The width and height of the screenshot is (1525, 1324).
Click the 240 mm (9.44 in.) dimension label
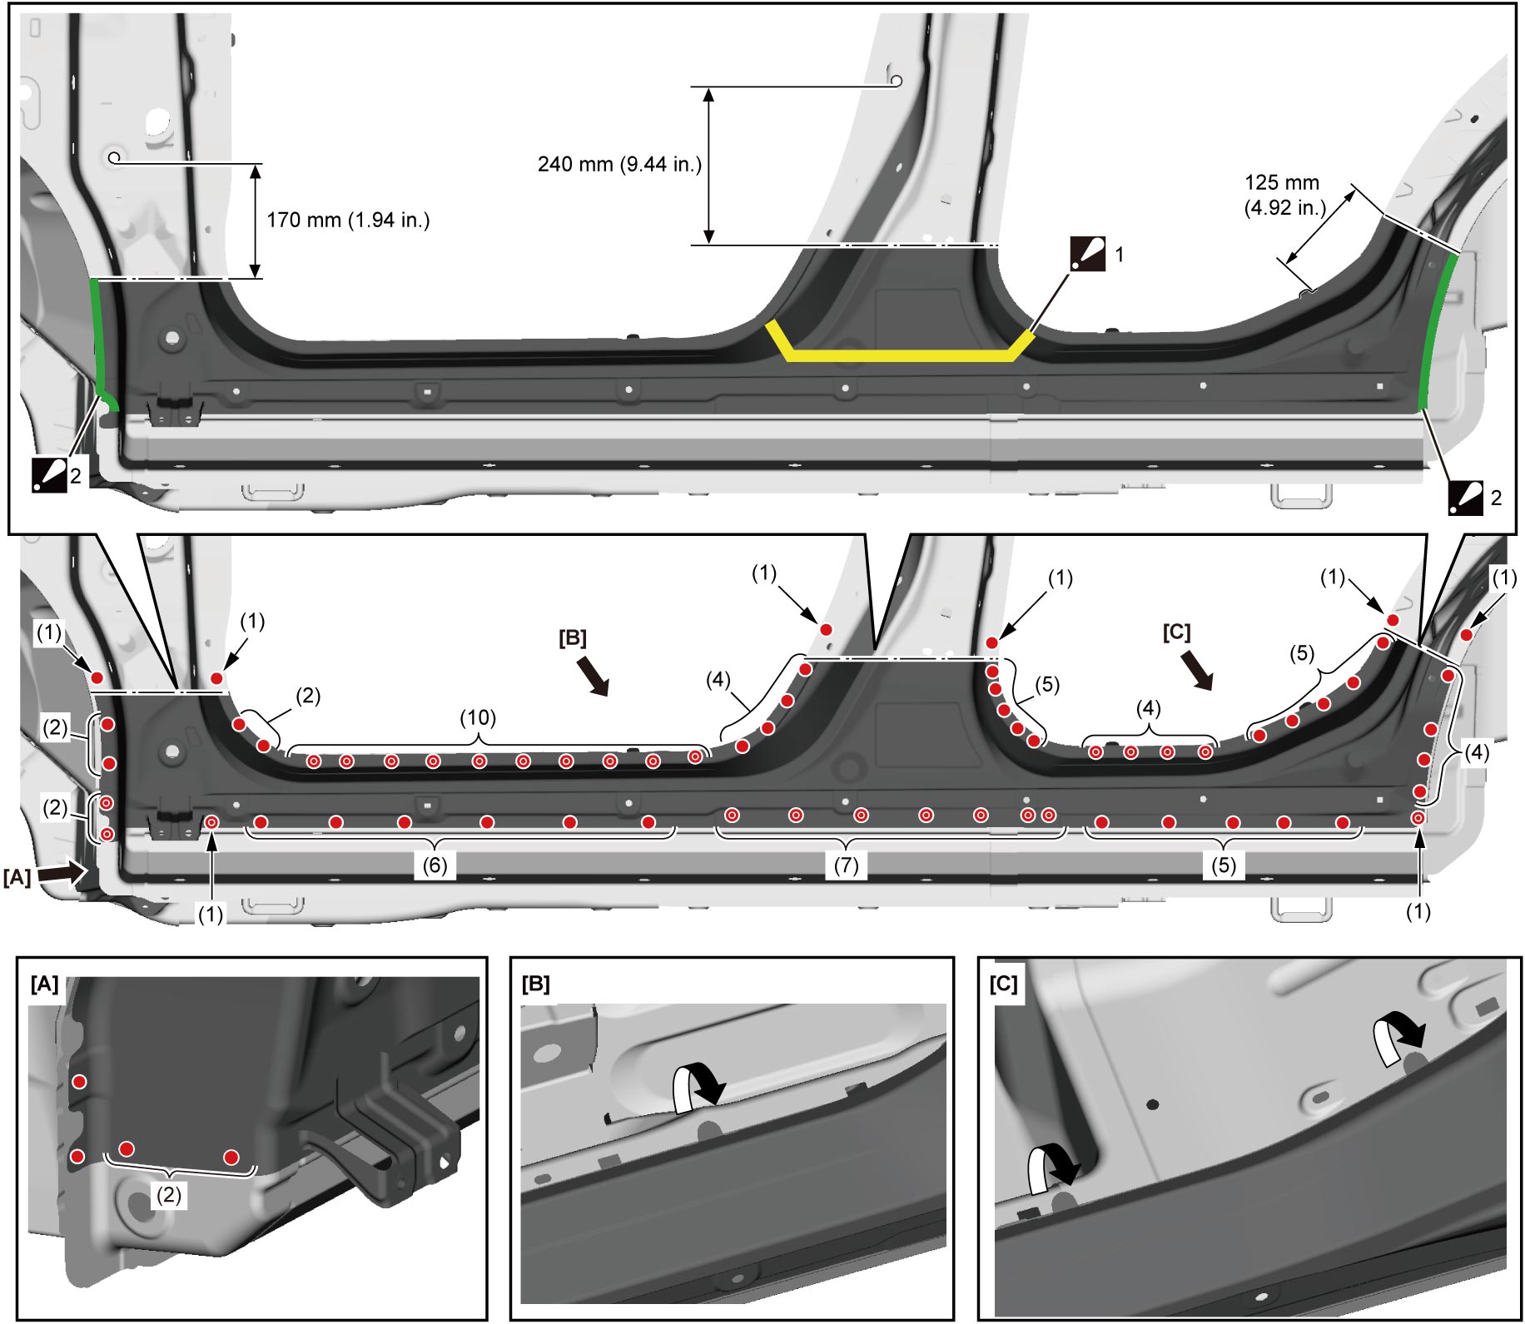tap(619, 164)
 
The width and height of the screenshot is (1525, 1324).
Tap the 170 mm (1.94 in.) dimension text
tap(348, 220)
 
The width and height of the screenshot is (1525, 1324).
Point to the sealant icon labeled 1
tap(1088, 254)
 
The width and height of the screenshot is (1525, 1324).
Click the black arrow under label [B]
tap(594, 675)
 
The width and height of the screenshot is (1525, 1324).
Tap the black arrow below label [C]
tap(1197, 670)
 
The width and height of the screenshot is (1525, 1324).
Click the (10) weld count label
tap(478, 717)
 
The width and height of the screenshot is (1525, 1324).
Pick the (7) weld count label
tap(846, 865)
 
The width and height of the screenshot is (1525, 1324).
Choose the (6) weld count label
tap(435, 865)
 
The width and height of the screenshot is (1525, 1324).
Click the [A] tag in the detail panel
tap(44, 984)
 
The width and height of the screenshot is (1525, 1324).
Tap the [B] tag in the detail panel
tap(536, 984)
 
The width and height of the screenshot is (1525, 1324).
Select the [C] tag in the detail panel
tap(1004, 984)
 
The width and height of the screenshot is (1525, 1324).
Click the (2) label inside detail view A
tap(169, 1195)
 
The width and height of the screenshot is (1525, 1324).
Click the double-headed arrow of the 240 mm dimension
tap(708, 166)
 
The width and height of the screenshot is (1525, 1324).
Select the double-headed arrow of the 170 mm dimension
tap(255, 221)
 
